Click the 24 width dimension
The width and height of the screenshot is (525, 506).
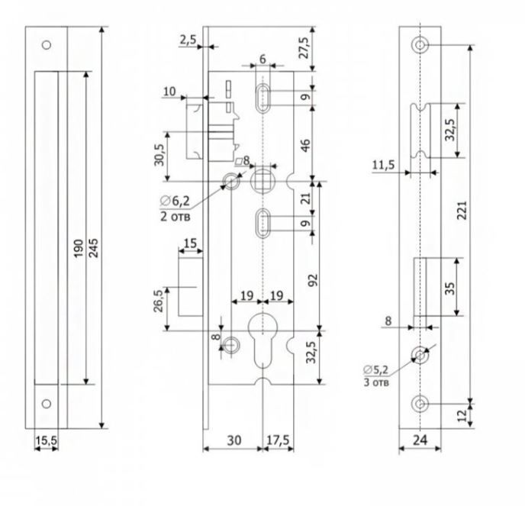[x=420, y=439]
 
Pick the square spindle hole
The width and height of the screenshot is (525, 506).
[x=262, y=182]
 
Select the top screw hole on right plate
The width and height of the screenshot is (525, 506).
[x=420, y=45]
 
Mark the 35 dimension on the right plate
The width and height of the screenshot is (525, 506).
[x=449, y=288]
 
